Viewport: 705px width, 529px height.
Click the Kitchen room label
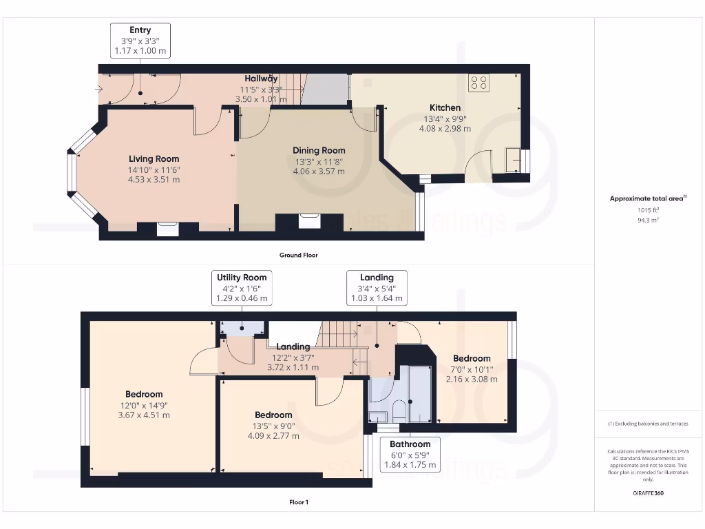(x=445, y=107)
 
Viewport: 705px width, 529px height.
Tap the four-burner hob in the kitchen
(x=478, y=83)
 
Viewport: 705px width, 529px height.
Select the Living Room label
(x=154, y=159)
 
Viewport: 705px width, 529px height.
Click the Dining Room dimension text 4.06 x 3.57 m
(x=319, y=172)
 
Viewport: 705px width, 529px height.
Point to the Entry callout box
(x=140, y=41)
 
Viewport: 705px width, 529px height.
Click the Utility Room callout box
(x=242, y=288)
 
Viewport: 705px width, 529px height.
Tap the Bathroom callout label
(x=410, y=444)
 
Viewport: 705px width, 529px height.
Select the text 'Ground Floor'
(x=299, y=255)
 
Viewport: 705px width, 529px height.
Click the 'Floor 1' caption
(x=299, y=502)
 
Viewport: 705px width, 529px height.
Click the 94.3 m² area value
(x=648, y=220)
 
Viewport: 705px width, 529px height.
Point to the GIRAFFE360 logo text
(x=648, y=493)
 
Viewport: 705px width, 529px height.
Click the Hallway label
(x=261, y=79)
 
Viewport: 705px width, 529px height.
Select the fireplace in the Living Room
(x=168, y=229)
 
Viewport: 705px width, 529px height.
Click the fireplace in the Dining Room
(x=310, y=222)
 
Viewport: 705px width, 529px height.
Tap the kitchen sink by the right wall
(x=513, y=160)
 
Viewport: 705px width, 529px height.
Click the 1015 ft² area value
(x=648, y=209)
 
